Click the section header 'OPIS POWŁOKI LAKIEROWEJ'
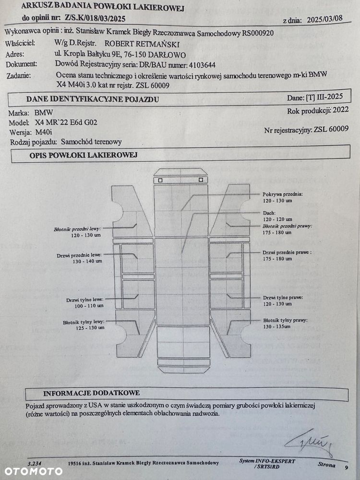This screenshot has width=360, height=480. coord(84,155)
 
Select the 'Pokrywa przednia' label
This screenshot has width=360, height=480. coord(283,193)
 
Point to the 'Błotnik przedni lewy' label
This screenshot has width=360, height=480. coord(78,230)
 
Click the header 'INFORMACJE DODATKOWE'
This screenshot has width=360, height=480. coord(92,392)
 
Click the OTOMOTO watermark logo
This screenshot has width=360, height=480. coord(31,471)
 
